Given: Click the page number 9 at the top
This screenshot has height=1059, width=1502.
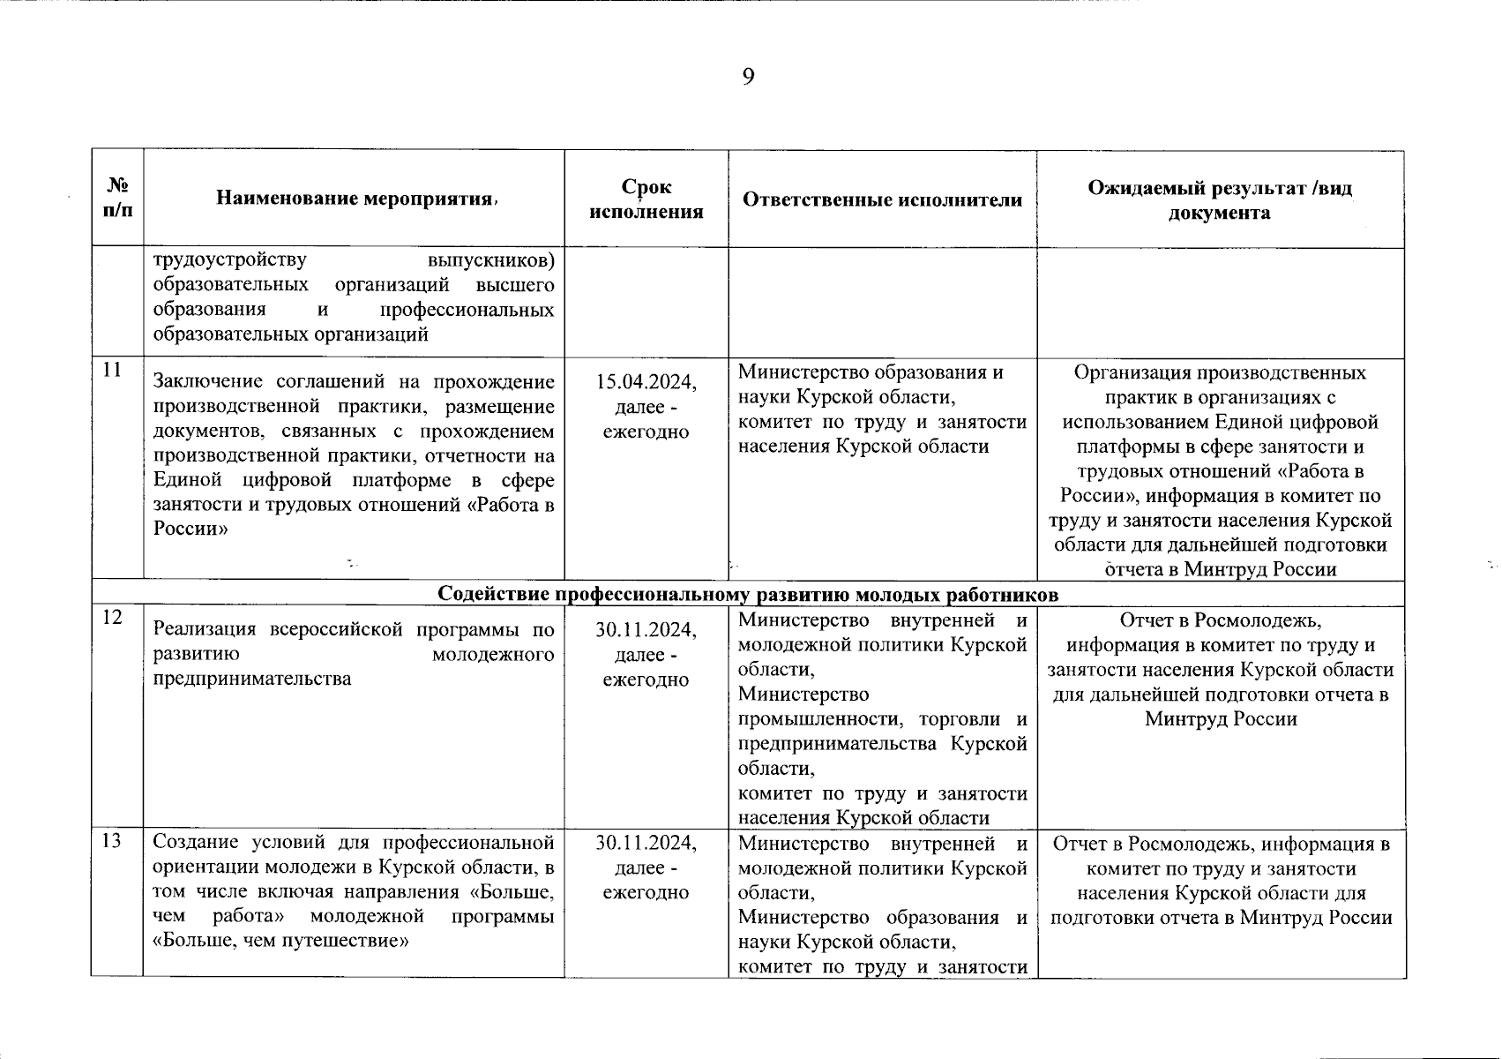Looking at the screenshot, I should pyautogui.click(x=748, y=78).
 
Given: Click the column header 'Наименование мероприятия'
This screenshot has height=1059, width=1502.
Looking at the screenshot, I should pyautogui.click(x=353, y=199).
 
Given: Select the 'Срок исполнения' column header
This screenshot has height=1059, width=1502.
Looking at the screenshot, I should pyautogui.click(x=646, y=199).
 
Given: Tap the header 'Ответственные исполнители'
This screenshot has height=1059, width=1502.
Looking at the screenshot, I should pyautogui.click(x=882, y=200).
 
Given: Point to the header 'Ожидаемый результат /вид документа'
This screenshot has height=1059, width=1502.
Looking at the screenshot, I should pyautogui.click(x=1220, y=200).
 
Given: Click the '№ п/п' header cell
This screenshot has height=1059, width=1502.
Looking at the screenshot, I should pyautogui.click(x=117, y=199).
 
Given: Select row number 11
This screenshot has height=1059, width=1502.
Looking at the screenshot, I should pyautogui.click(x=111, y=370).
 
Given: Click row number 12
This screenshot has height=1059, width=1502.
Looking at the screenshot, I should pyautogui.click(x=111, y=617).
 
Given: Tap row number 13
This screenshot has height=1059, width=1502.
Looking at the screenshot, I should pyautogui.click(x=111, y=841).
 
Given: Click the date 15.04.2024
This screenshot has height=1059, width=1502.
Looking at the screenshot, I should pyautogui.click(x=646, y=382).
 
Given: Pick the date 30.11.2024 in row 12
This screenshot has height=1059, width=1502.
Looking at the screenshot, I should pyautogui.click(x=646, y=630).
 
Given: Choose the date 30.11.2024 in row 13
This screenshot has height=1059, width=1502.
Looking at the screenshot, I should pyautogui.click(x=646, y=843).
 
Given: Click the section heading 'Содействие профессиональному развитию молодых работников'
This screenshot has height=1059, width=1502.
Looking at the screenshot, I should pyautogui.click(x=748, y=594).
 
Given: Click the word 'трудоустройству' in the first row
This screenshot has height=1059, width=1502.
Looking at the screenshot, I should pyautogui.click(x=230, y=260).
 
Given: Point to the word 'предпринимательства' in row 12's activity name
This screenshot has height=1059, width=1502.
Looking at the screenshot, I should pyautogui.click(x=252, y=679).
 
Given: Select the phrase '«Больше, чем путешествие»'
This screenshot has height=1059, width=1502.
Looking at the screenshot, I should pyautogui.click(x=280, y=940).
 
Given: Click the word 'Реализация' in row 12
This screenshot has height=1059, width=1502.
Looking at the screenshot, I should pyautogui.click(x=206, y=630).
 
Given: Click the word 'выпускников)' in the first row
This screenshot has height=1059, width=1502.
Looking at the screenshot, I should pyautogui.click(x=490, y=260).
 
